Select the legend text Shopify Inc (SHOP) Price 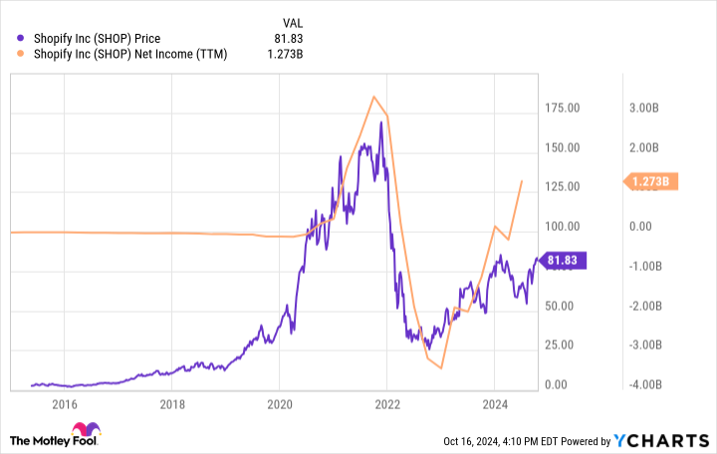click(x=97, y=39)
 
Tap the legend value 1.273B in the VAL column click(x=312, y=54)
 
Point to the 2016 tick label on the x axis click(x=65, y=404)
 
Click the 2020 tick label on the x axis click(x=280, y=404)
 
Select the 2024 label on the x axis click(x=495, y=404)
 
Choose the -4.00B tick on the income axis click(x=645, y=385)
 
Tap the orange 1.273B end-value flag click(x=651, y=181)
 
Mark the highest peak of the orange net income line click(x=373, y=97)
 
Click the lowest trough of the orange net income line click(x=440, y=368)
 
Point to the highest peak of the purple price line click(x=381, y=122)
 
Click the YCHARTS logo click(x=665, y=441)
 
